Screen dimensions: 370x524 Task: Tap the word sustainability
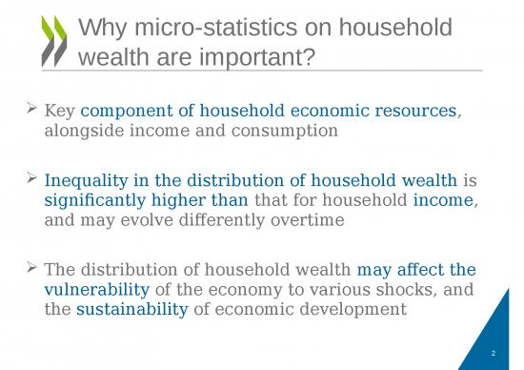(x=131, y=310)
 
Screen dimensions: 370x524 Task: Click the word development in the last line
(x=356, y=310)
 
